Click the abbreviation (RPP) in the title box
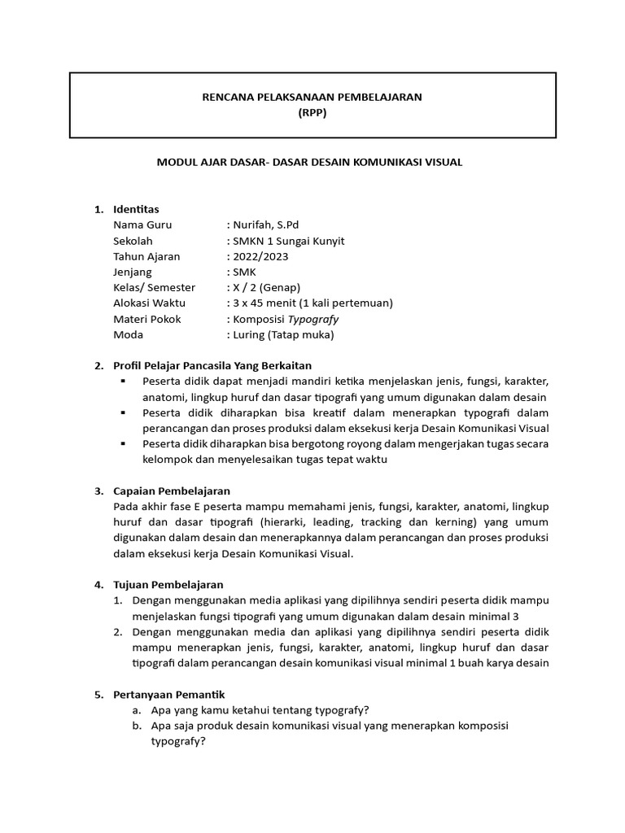coord(312,113)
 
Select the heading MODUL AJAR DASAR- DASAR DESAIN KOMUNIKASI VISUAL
coord(309,162)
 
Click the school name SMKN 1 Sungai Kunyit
coord(290,241)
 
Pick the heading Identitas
coord(136,209)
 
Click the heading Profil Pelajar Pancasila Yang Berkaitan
coord(212,366)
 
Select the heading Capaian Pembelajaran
coord(172,491)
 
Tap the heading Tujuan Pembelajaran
coord(168,584)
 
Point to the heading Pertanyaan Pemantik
coord(168,694)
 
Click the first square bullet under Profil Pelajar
coord(123,382)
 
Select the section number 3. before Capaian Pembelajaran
coord(98,491)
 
